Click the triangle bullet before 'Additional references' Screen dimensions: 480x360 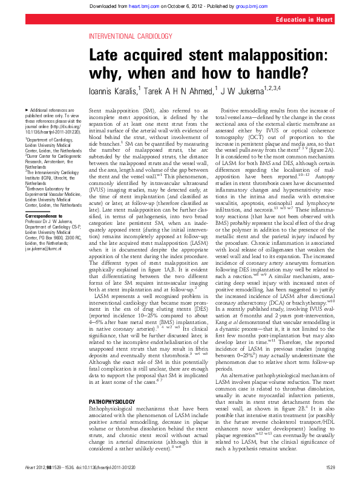[25, 109]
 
